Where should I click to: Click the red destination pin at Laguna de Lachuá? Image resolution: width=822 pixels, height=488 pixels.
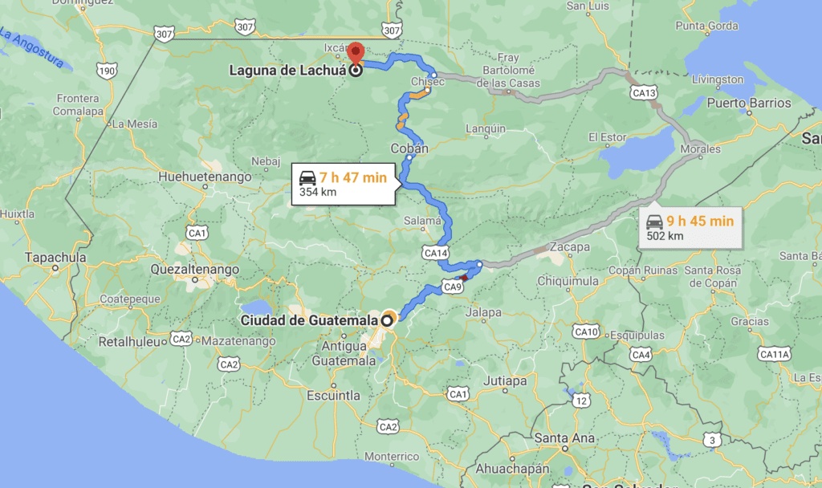(355, 52)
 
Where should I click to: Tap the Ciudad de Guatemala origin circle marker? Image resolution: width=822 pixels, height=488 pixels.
(388, 319)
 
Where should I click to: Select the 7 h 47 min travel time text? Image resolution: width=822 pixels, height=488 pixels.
(353, 177)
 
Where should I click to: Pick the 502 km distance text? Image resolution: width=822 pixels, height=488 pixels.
(665, 236)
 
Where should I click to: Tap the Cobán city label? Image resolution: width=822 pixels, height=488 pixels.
(409, 148)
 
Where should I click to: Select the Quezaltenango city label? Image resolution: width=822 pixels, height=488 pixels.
(195, 270)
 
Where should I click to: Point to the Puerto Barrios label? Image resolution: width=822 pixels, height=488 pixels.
(749, 103)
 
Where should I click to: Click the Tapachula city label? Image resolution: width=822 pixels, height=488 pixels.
(55, 258)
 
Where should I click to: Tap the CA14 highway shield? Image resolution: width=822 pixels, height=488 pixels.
(435, 253)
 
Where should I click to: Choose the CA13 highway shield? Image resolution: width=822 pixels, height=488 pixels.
(644, 93)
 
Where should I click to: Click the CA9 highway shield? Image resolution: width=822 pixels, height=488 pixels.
(452, 287)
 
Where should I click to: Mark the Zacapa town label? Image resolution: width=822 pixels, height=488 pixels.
(571, 246)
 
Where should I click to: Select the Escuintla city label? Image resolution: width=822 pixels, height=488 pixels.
(333, 395)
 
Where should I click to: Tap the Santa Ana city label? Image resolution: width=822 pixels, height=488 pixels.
(564, 437)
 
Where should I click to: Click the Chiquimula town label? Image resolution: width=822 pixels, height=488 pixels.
(568, 281)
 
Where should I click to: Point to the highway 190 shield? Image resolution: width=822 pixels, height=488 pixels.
(106, 71)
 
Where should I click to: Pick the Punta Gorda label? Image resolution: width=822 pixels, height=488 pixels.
(706, 26)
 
